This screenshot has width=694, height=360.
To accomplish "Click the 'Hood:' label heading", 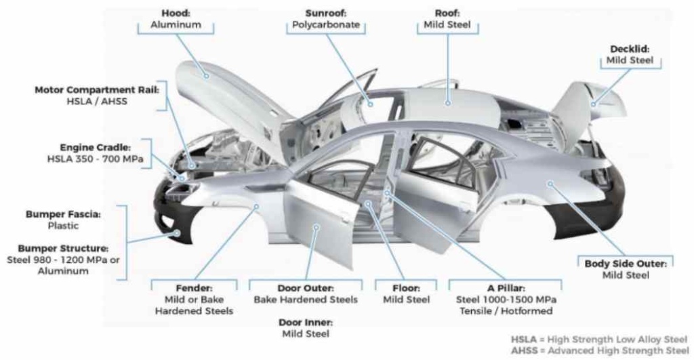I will pyautogui.click(x=175, y=13).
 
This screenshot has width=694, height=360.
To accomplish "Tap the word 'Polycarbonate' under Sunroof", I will pyautogui.click(x=325, y=25).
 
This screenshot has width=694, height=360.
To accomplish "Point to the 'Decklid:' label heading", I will pyautogui.click(x=628, y=49).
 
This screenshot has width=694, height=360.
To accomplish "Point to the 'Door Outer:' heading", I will pyautogui.click(x=306, y=287).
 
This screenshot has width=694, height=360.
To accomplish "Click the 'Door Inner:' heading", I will pyautogui.click(x=306, y=322).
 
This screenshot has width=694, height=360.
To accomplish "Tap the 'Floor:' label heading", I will pyautogui.click(x=407, y=287).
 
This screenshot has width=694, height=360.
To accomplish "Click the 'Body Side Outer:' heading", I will pyautogui.click(x=626, y=263).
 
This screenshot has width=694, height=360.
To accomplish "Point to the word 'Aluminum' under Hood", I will pyautogui.click(x=175, y=25).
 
